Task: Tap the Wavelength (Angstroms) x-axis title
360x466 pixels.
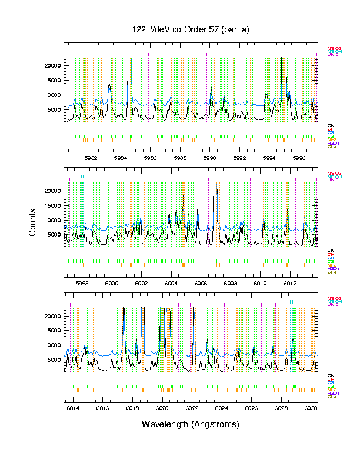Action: tap(190, 424)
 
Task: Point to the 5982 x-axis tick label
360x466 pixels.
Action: tap(91, 158)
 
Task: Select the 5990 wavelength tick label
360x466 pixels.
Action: tap(210, 158)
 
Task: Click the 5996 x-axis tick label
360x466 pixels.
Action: tap(299, 158)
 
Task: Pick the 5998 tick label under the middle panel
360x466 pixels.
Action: tap(82, 283)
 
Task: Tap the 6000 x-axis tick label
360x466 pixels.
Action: tap(112, 283)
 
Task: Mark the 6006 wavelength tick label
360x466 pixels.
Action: tap(201, 283)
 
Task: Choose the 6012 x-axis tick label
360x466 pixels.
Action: tap(290, 283)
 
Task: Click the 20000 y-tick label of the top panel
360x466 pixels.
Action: tap(51, 65)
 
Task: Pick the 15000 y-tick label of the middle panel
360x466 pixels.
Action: tap(51, 205)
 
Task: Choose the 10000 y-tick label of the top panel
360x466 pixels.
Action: tap(51, 95)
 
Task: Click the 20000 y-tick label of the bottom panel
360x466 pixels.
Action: tap(51, 316)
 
